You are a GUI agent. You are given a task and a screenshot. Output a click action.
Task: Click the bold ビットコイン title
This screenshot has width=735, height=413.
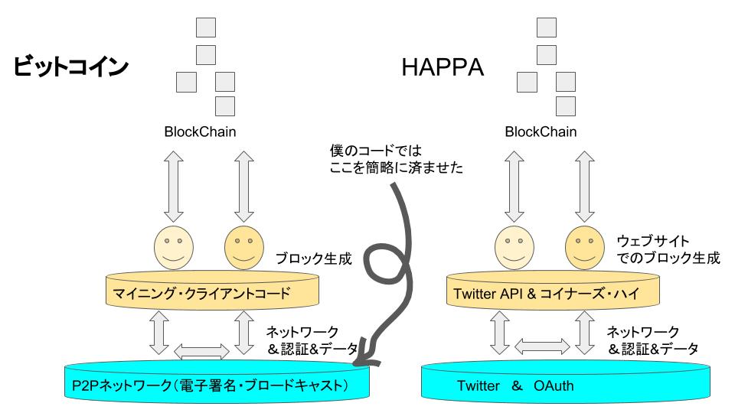(70, 68)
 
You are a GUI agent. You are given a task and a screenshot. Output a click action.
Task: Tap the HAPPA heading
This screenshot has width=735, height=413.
(443, 69)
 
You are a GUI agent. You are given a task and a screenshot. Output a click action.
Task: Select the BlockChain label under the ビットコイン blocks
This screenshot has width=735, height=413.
(200, 132)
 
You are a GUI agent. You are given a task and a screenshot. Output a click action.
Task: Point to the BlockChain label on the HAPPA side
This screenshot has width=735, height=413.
(541, 132)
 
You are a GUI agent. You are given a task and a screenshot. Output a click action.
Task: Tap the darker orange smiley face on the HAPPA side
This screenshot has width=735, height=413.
(584, 245)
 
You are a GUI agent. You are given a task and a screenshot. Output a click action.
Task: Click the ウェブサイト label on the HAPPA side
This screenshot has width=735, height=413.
(655, 240)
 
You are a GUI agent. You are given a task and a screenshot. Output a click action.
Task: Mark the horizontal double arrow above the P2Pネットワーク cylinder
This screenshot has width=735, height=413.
(201, 350)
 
